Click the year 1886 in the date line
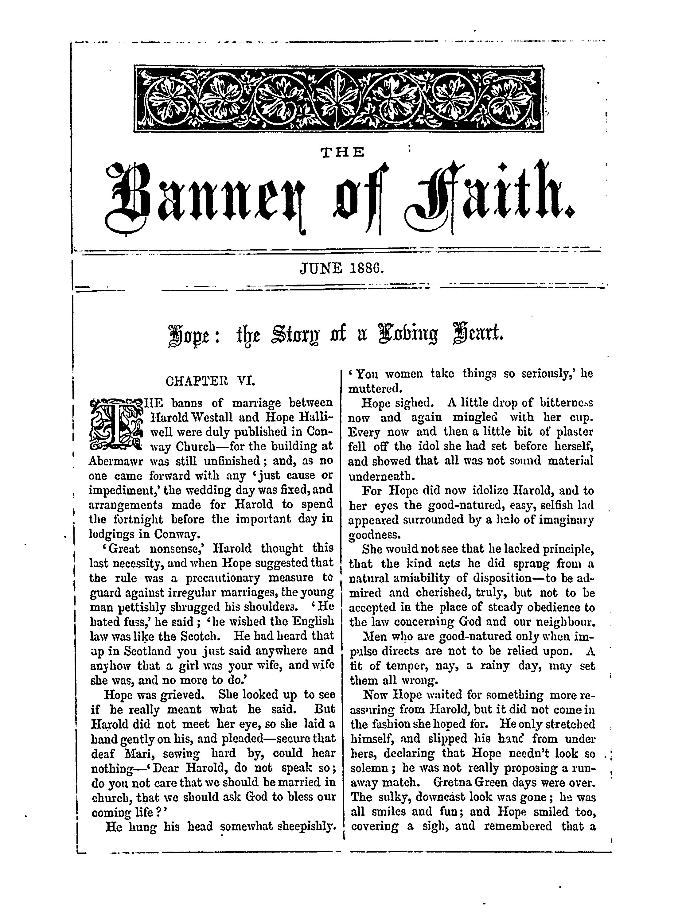(367, 269)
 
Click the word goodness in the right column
(374, 535)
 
